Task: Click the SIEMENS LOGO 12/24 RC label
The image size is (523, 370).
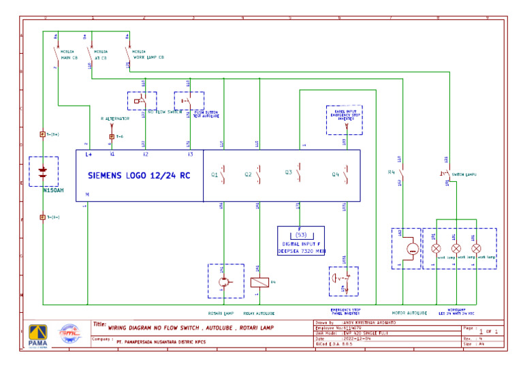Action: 139,175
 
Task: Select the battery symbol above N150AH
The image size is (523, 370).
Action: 43,171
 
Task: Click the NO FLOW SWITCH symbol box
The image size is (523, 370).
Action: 142,101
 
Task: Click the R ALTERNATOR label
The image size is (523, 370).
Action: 114,119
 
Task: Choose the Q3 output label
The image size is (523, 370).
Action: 289,173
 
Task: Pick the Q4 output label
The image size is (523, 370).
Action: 335,175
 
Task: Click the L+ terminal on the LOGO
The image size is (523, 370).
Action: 89,155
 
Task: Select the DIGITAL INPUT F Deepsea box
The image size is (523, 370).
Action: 301,241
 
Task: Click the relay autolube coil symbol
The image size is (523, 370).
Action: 259,281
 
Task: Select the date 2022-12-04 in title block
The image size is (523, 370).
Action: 357,338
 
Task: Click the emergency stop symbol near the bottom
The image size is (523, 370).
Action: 343,279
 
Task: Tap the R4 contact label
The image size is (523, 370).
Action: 391,172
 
